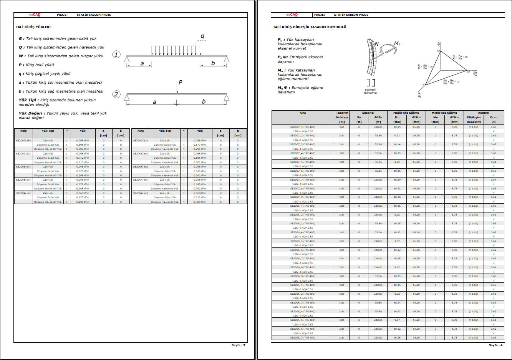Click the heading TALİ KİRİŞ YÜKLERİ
[x=33, y=27]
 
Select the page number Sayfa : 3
[x=238, y=345]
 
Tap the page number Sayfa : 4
[x=495, y=345]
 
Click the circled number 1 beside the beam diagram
[x=116, y=55]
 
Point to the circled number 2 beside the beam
[x=116, y=94]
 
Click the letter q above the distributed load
[x=202, y=36]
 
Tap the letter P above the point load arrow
[x=180, y=82]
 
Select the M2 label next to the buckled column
[x=397, y=43]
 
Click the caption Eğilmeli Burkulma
[x=370, y=91]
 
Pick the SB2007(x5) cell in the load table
[x=23, y=141]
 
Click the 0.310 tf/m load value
[x=83, y=163]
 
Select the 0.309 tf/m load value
[x=200, y=202]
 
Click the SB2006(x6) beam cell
[x=141, y=154]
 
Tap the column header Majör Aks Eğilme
[x=406, y=113]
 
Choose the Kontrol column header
[x=484, y=113]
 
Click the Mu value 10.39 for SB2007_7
[x=397, y=180]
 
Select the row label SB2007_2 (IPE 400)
[x=303, y=136]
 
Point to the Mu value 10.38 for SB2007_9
[x=397, y=197]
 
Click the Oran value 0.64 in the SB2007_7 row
[x=493, y=180]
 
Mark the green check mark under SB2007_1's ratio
[x=494, y=131]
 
